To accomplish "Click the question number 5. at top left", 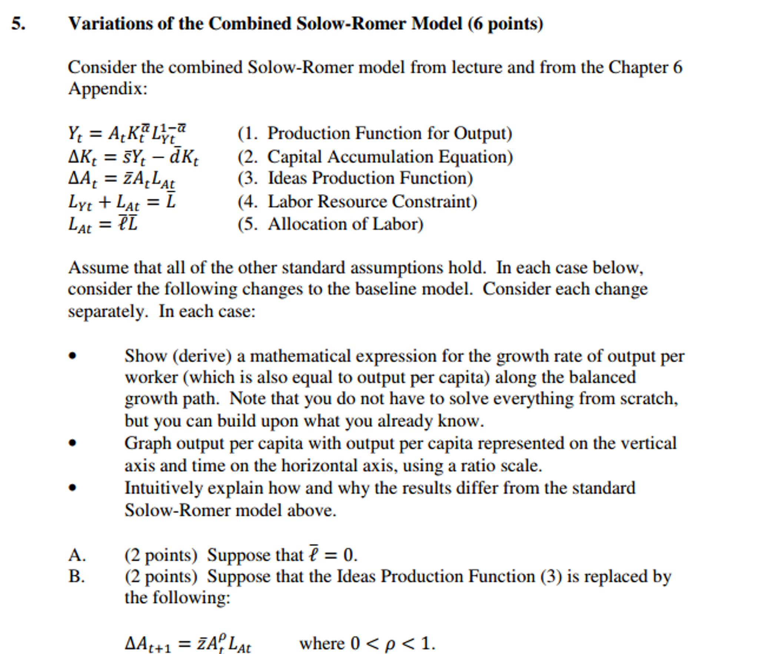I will click(x=18, y=23).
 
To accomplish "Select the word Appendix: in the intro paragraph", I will click(x=108, y=89).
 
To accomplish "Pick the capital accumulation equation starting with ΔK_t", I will click(x=133, y=157).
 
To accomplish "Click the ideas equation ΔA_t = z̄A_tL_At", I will click(x=121, y=179).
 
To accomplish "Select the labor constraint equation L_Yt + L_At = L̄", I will click(x=122, y=202).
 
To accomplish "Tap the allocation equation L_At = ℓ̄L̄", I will click(x=103, y=224).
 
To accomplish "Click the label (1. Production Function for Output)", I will click(x=375, y=133).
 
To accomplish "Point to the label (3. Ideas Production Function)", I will click(x=355, y=178).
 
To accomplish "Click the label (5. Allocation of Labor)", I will click(x=330, y=224).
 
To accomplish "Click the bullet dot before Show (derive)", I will click(x=73, y=356).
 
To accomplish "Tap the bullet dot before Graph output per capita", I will click(x=73, y=443).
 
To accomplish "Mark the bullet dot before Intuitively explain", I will click(x=73, y=488).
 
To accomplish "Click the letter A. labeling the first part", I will click(x=77, y=555).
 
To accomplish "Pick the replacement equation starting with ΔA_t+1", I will click(x=188, y=643).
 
